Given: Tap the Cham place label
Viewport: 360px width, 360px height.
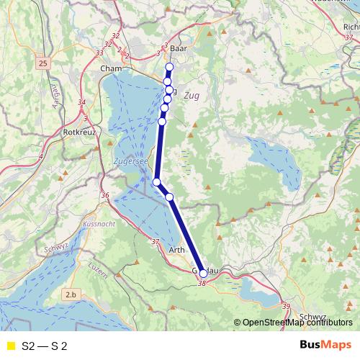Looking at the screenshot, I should pos(112,68).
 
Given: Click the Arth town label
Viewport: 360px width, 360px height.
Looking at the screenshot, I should pos(176,251).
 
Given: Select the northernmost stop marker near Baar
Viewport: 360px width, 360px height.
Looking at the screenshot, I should pos(170,68).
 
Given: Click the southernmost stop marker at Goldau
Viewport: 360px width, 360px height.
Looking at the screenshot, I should pos(203,274).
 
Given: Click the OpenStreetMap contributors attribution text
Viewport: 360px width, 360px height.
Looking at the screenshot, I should pos(293,322).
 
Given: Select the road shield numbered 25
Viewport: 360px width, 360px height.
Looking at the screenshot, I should pos(43,65).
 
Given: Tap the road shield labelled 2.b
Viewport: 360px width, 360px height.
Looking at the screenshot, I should pos(71,294).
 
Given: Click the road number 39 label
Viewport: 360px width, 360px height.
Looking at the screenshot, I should pos(287,306).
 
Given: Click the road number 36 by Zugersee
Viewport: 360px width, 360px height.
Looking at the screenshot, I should pos(105,195).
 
